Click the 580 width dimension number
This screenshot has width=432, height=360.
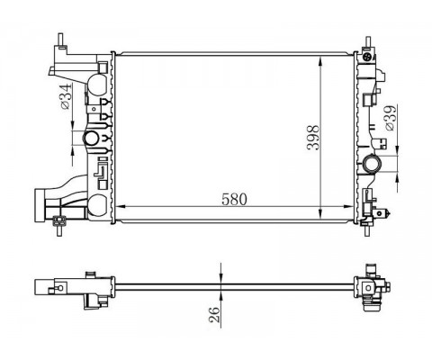point(234,200)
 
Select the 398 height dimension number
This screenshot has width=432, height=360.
point(314,138)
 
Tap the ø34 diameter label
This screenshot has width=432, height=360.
point(65,96)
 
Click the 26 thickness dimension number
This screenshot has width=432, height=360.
point(214,315)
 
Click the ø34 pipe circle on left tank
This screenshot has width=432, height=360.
point(91,139)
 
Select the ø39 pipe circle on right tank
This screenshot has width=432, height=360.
point(372,164)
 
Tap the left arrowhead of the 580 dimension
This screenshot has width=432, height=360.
point(120,207)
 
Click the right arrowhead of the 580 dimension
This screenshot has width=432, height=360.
point(349,207)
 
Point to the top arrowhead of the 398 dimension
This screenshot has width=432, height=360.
point(321,60)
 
